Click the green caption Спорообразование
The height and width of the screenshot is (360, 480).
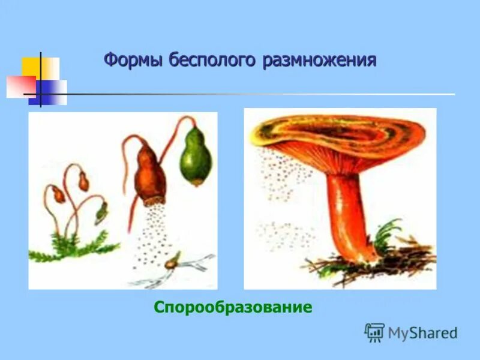tap(233, 308)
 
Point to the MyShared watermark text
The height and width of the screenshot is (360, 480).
tap(423, 332)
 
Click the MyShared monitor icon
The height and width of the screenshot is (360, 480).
tap(374, 332)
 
